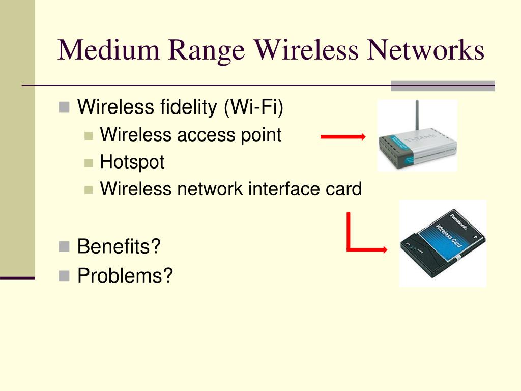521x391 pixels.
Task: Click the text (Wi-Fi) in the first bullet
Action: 253,107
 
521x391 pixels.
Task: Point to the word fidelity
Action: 188,107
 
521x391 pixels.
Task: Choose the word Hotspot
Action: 132,162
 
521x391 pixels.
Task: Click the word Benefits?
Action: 119,247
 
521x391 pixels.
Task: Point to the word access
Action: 201,135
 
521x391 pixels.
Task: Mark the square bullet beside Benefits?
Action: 64,247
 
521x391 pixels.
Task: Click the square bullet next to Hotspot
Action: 89,163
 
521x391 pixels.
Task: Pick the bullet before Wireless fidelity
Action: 64,107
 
